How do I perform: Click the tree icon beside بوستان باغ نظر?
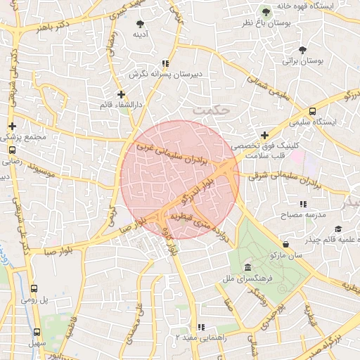266,11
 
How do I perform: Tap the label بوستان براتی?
302,62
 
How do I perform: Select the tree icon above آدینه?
139,23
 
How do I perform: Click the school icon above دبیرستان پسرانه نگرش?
165,63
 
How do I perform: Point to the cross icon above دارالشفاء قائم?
121,94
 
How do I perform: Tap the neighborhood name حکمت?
210,110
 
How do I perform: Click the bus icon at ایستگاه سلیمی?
311,111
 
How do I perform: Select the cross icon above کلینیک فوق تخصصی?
264,135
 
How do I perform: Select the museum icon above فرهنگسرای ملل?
247,267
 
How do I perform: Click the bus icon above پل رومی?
34,288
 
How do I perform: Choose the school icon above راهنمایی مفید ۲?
201,327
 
